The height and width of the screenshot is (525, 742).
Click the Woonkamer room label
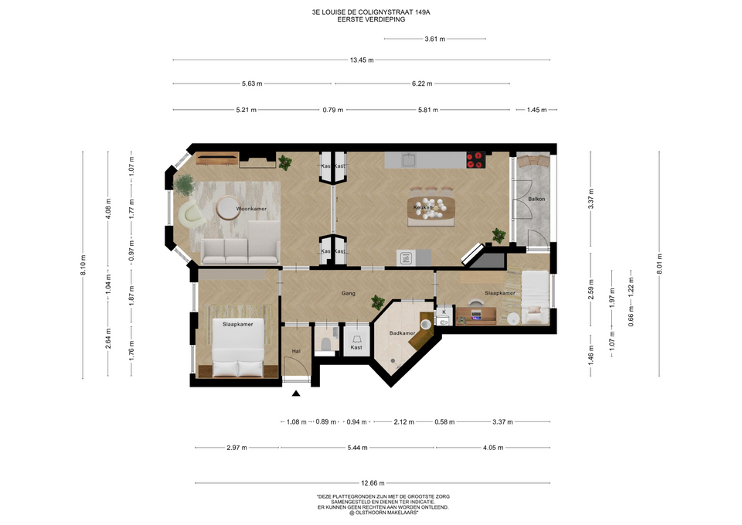tap(251, 209)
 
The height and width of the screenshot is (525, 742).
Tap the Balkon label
tap(536, 199)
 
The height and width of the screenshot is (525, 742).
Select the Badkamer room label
tap(402, 333)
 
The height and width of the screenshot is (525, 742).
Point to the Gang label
tap(349, 294)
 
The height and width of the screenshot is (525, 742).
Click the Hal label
tap(296, 351)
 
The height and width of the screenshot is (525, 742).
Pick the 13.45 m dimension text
tap(362, 60)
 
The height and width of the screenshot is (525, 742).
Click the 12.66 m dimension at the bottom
tap(373, 483)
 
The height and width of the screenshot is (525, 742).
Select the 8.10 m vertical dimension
tap(83, 265)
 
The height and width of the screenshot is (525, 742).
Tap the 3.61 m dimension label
tap(434, 39)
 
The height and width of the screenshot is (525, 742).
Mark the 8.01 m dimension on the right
tap(659, 264)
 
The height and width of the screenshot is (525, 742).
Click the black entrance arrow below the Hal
tap(296, 393)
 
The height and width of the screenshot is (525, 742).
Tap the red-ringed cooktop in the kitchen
tap(476, 160)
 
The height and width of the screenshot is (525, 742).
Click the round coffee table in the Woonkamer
tap(228, 208)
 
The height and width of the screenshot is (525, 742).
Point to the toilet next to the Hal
tap(325, 344)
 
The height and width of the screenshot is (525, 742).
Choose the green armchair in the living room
tap(192, 213)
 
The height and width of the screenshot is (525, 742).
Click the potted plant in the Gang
tap(378, 302)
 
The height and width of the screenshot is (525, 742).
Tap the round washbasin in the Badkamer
tap(426, 324)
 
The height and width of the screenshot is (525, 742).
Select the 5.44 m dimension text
tap(357, 448)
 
